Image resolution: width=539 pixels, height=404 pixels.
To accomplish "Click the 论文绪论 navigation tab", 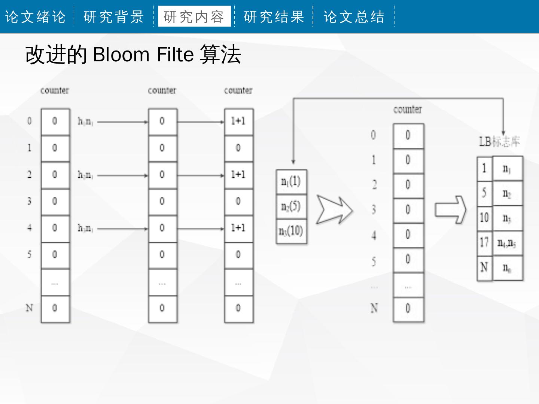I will coord(36,17).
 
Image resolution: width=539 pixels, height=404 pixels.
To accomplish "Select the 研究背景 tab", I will coord(114,17).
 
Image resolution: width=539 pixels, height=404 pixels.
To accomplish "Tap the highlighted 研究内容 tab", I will coord(194,17).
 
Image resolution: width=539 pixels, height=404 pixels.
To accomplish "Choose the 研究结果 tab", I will coord(274,17).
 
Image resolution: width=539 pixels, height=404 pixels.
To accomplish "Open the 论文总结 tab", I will coord(354,17).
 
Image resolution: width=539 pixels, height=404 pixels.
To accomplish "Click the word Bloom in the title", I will coord(121,55).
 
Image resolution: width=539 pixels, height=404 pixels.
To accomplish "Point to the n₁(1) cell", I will coord(291,182).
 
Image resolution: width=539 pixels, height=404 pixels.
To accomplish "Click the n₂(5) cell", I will coord(291,206).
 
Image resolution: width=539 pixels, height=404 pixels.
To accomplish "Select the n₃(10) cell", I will coord(291,231).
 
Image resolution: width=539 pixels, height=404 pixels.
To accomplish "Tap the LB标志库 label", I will coord(499,141).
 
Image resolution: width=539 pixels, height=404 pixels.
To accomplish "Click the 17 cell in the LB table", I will coord(484,243).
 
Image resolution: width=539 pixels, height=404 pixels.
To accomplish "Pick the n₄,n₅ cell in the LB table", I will coord(507,244).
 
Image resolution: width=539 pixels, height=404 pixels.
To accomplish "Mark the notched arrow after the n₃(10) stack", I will coord(334,209).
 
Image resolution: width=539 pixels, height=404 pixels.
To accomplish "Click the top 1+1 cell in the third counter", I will coord(238,121).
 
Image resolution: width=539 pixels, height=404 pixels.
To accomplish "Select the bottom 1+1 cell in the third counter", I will coord(238,228).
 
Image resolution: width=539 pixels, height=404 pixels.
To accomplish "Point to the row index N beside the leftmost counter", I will coord(29,308).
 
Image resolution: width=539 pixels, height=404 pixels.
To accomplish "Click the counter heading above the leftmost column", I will coord(55,91).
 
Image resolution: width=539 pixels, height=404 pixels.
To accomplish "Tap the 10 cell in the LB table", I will coord(484,217).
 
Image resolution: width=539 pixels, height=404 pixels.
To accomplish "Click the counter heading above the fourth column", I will coord(408,110).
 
